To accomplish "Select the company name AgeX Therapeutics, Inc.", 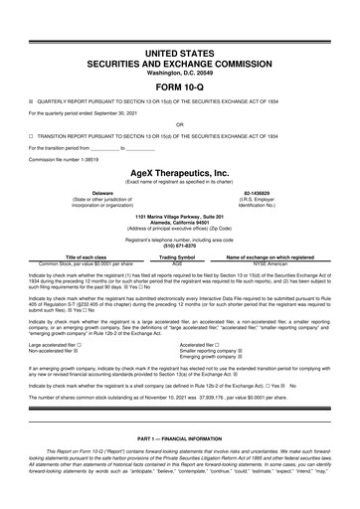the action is [x=179, y=171].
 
